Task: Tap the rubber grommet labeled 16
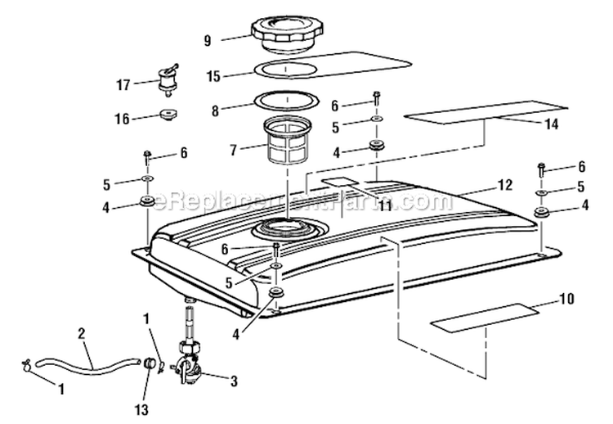tap(170, 115)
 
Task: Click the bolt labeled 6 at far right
tap(542, 169)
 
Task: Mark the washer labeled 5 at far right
tap(542, 193)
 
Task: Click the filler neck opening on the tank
tap(287, 228)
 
